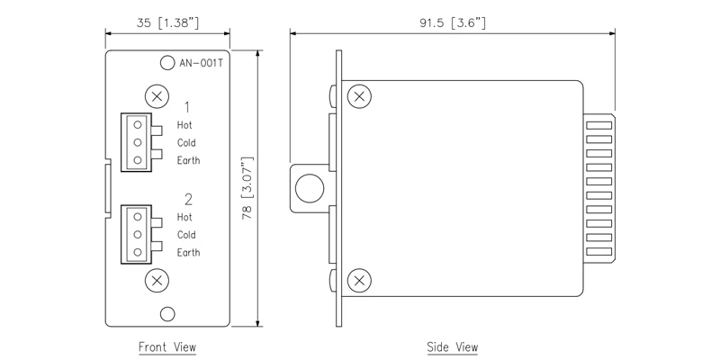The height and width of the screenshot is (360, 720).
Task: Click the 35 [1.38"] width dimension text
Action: coord(167,22)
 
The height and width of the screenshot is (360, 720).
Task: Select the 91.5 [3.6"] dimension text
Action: coord(452,22)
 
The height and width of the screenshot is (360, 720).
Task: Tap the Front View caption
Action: coord(166,346)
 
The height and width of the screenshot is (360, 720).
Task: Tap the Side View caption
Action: coord(453,346)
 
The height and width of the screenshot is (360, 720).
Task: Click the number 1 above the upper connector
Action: coord(187,106)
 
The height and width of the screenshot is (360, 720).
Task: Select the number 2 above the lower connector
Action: coord(187,199)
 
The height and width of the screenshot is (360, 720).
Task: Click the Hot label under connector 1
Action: coord(184,125)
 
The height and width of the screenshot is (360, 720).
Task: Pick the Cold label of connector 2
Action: coord(186,235)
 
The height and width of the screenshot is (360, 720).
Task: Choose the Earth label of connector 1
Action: coord(188,161)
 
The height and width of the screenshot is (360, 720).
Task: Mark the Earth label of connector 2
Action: coord(188,253)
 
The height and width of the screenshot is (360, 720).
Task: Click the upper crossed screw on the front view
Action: coord(158,95)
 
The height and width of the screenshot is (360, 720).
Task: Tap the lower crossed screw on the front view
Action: coord(158,280)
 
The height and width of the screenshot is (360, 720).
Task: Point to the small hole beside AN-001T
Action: coord(166,63)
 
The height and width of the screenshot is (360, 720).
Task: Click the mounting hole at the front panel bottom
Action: coord(166,313)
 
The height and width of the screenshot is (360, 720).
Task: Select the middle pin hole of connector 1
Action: coord(138,142)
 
